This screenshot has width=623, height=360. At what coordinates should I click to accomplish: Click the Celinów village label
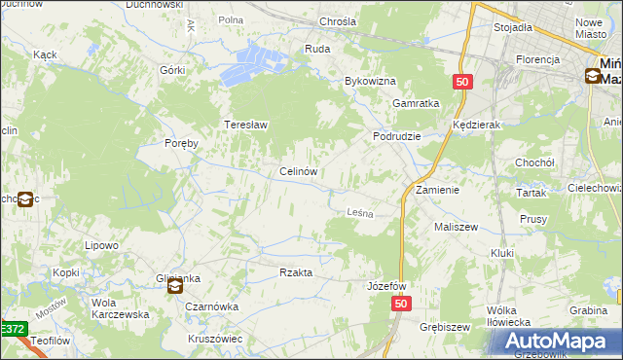298,172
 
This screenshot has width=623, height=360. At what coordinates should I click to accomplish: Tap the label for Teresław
246,126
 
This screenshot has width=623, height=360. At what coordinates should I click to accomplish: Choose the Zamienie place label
437,190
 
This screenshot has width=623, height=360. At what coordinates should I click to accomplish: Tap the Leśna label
361,212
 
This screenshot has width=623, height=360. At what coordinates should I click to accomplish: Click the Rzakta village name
296,273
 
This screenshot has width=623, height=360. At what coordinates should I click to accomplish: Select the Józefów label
386,287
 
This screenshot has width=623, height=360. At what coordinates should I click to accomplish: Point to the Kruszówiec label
215,339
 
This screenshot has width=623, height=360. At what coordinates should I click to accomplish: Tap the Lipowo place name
101,246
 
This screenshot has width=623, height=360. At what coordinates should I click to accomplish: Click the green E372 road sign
12,331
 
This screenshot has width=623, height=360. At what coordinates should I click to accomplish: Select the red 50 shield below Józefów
403,305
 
